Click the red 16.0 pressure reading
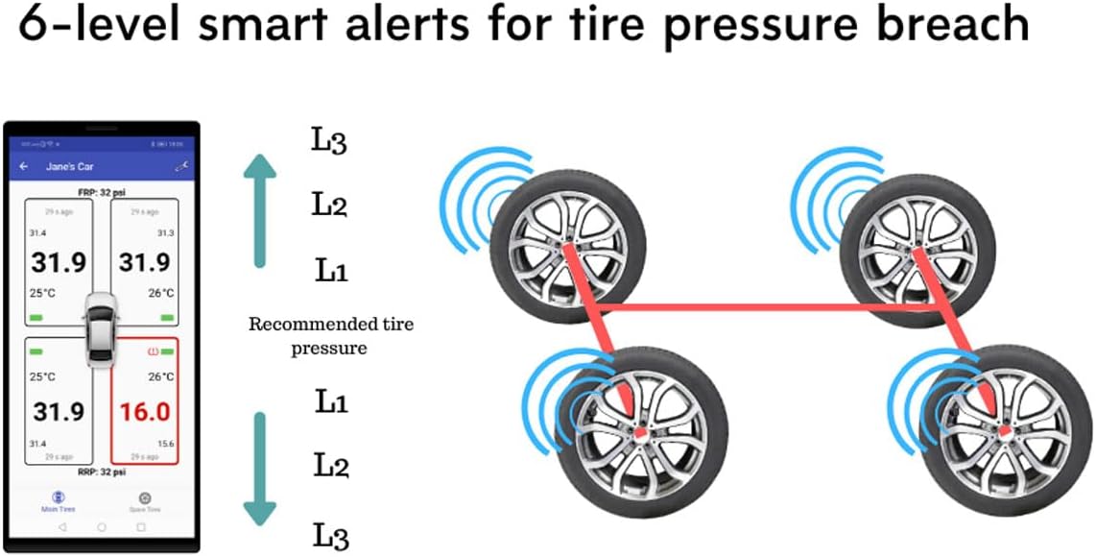[x=144, y=412]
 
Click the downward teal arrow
[x=259, y=467]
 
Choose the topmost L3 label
[x=329, y=141]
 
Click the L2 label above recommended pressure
[x=329, y=205]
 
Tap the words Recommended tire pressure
[x=331, y=335]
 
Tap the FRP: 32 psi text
[x=102, y=191]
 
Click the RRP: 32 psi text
[x=102, y=472]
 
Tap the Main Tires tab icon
[x=59, y=497]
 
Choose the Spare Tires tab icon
[x=144, y=497]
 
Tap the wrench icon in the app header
[x=179, y=166]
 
